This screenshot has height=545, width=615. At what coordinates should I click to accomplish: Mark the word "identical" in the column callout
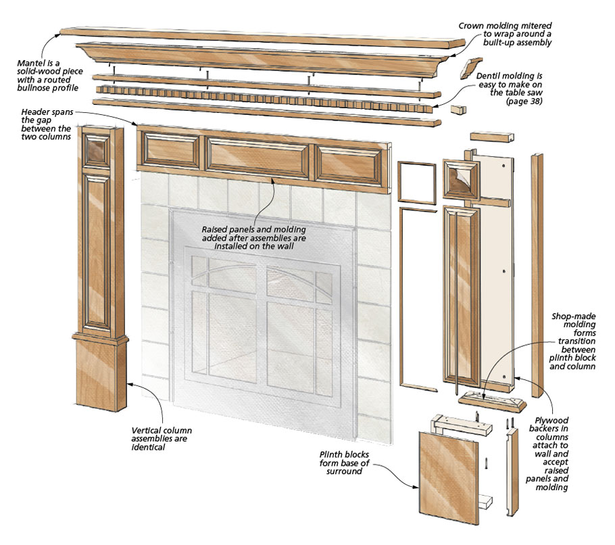tap(149, 447)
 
